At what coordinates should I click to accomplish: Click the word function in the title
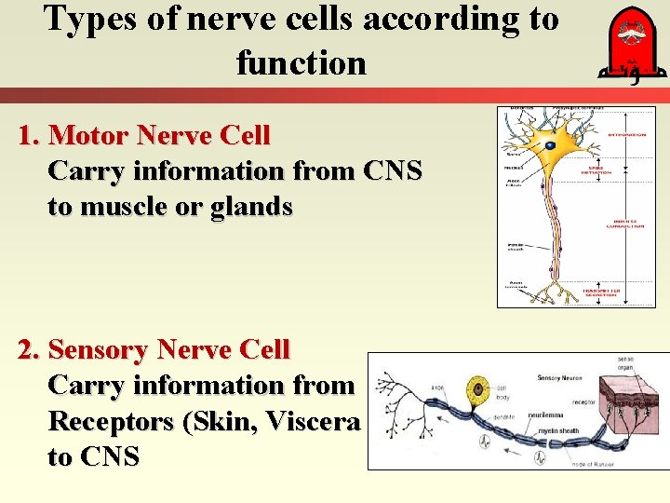click(x=301, y=63)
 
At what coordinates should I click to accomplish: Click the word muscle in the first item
click(x=129, y=207)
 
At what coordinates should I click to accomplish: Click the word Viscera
click(x=312, y=421)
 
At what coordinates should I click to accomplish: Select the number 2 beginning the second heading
click(x=27, y=350)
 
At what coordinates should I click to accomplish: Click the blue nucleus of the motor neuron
click(x=551, y=146)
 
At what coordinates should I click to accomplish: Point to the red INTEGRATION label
click(x=625, y=135)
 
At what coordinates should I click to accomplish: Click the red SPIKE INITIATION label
click(x=596, y=170)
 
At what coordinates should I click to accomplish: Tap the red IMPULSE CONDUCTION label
click(x=624, y=224)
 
